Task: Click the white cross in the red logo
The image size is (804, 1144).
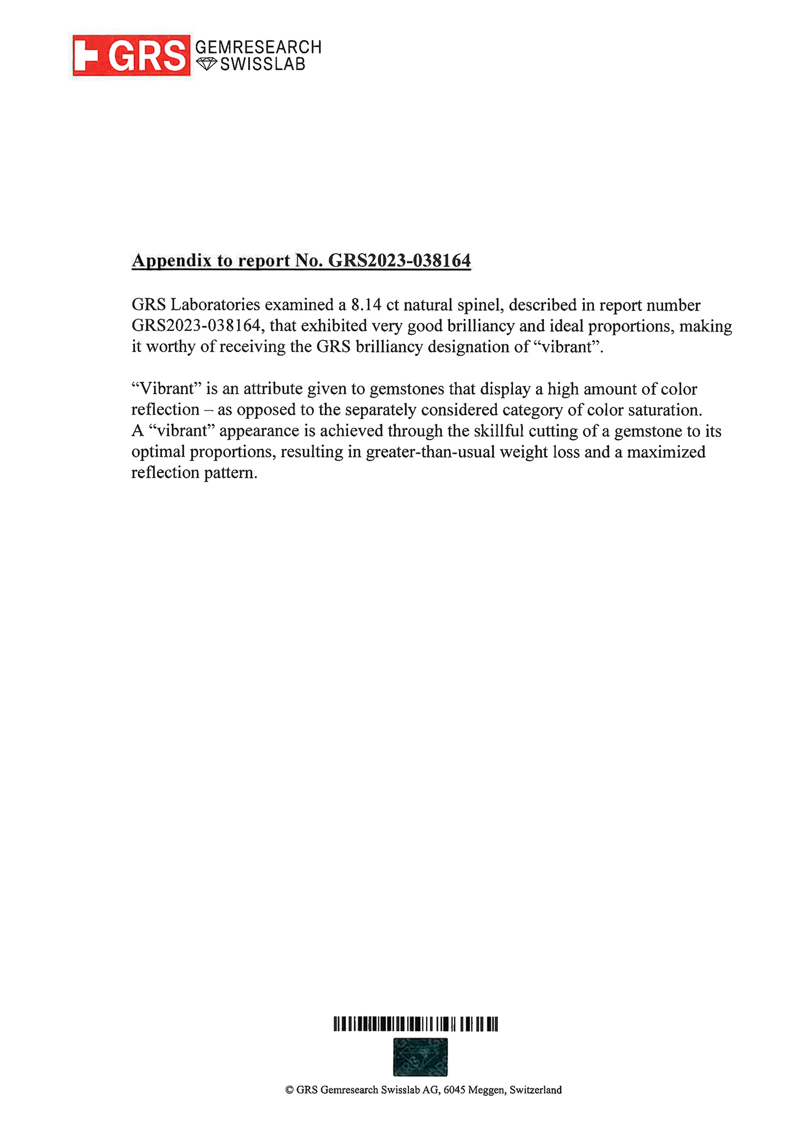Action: [x=86, y=56]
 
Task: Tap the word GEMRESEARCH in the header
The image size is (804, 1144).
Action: [x=258, y=47]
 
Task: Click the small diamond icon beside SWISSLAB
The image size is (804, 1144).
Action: [x=206, y=64]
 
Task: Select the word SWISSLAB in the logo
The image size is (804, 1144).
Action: [x=263, y=64]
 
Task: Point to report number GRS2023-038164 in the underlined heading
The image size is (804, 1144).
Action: [x=399, y=261]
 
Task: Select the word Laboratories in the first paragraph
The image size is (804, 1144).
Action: [x=215, y=305]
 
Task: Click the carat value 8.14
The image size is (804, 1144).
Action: [x=366, y=305]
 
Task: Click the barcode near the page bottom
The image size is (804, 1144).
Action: [x=415, y=1024]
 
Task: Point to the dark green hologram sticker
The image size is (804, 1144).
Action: [x=420, y=1057]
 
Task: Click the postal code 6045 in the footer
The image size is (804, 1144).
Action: [x=454, y=1090]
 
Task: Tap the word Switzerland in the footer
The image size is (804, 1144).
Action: [x=535, y=1090]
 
